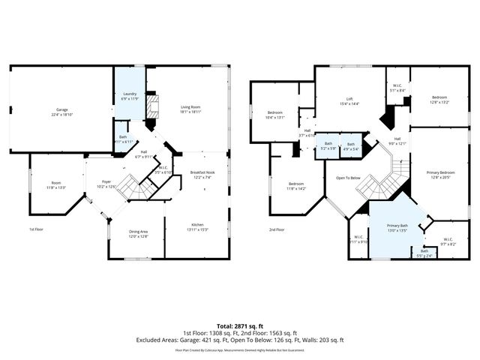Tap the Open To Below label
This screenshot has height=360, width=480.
[x=348, y=178]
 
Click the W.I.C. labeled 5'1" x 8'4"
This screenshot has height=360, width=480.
[x=397, y=88]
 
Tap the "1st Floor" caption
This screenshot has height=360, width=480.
[x=37, y=229]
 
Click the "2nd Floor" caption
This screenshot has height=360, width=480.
[x=277, y=229]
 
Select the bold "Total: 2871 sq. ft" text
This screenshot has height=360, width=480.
[x=239, y=325]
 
